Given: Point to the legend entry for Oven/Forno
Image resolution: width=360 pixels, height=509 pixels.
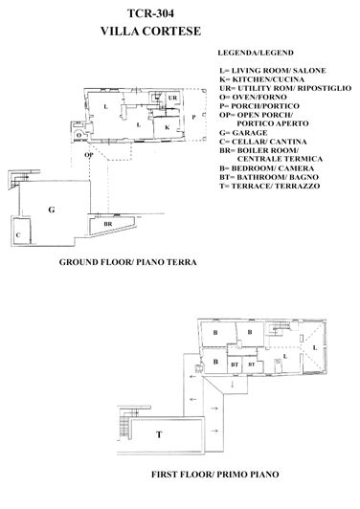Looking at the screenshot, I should point(257,97).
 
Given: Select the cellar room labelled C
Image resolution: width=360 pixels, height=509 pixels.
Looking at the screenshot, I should point(18,232).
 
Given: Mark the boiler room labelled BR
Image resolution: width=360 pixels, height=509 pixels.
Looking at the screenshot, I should point(95,223).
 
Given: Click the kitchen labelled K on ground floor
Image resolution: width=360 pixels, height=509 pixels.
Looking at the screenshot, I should point(167,126).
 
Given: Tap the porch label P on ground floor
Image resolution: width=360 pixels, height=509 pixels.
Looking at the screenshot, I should point(193,116).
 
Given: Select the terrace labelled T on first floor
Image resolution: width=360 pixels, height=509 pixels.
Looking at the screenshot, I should point(159,433).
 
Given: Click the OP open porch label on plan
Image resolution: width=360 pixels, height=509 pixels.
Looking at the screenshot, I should point(88,153).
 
